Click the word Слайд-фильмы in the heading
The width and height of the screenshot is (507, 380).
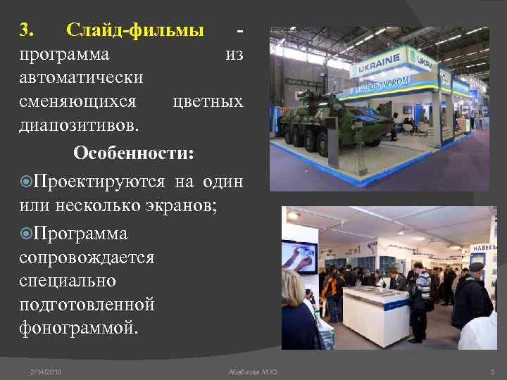pos(134,30)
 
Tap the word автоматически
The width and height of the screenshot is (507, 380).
pos(81,77)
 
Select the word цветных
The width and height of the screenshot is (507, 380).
pos(208,101)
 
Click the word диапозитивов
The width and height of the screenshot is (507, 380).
pos(80,125)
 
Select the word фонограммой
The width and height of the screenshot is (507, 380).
pos(80,327)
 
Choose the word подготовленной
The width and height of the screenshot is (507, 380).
pos(87,304)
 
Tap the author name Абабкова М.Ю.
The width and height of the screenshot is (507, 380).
pos(253,371)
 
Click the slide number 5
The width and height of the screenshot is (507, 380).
pos(492,371)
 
